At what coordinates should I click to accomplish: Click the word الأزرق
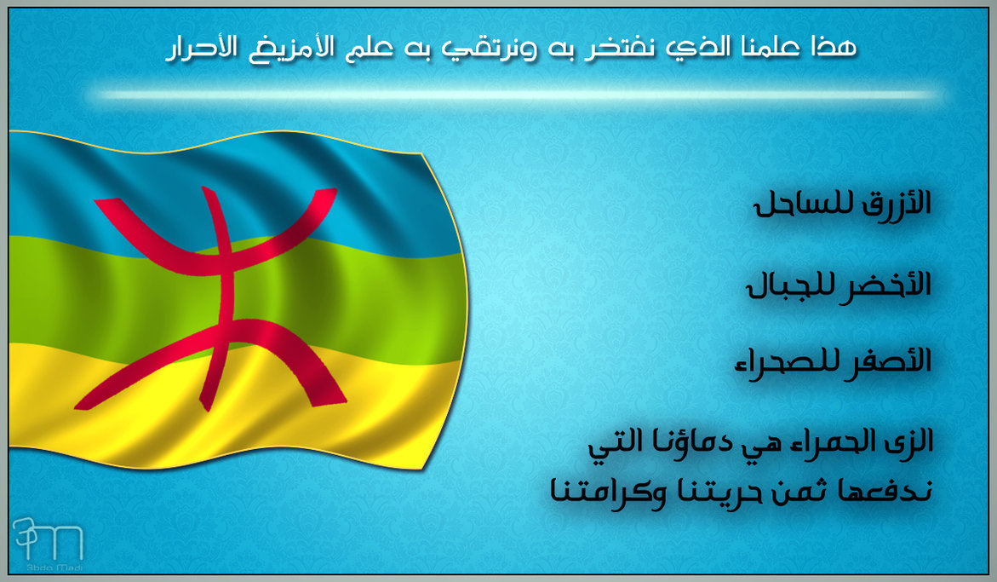[897, 205]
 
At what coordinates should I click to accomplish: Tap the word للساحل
[805, 205]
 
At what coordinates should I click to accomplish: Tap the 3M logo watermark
[47, 539]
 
